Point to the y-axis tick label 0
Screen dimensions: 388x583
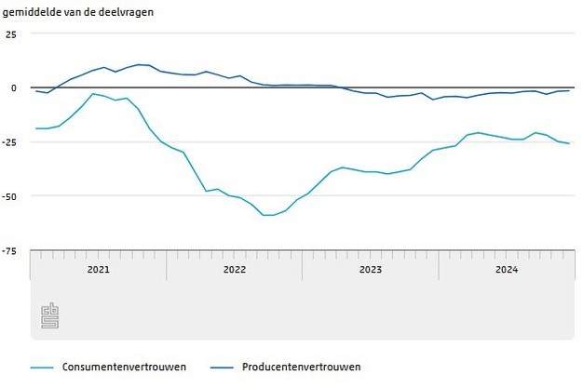pyautogui.click(x=13, y=87)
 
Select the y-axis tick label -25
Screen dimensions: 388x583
pyautogui.click(x=9, y=141)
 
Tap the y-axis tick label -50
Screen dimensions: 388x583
pyautogui.click(x=9, y=195)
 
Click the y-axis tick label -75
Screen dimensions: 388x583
pyautogui.click(x=9, y=250)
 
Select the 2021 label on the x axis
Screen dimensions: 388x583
pyautogui.click(x=98, y=270)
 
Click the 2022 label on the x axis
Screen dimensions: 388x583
pyautogui.click(x=234, y=270)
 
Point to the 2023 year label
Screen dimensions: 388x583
pyautogui.click(x=371, y=270)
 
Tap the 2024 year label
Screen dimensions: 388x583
pyautogui.click(x=507, y=270)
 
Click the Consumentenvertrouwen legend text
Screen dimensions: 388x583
pyautogui.click(x=124, y=367)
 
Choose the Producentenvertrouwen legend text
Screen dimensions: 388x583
pyautogui.click(x=301, y=367)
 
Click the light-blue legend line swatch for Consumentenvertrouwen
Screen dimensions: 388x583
pyautogui.click(x=41, y=367)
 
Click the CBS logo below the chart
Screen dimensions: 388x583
pyautogui.click(x=49, y=315)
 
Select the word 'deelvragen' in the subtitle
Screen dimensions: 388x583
pyautogui.click(x=126, y=12)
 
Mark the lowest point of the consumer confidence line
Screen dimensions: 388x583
pyautogui.click(x=268, y=215)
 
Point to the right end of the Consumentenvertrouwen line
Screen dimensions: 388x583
pyautogui.click(x=569, y=143)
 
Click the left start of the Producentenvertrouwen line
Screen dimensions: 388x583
pyautogui.click(x=36, y=91)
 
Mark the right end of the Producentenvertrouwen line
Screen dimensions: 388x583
pyautogui.click(x=569, y=90)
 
